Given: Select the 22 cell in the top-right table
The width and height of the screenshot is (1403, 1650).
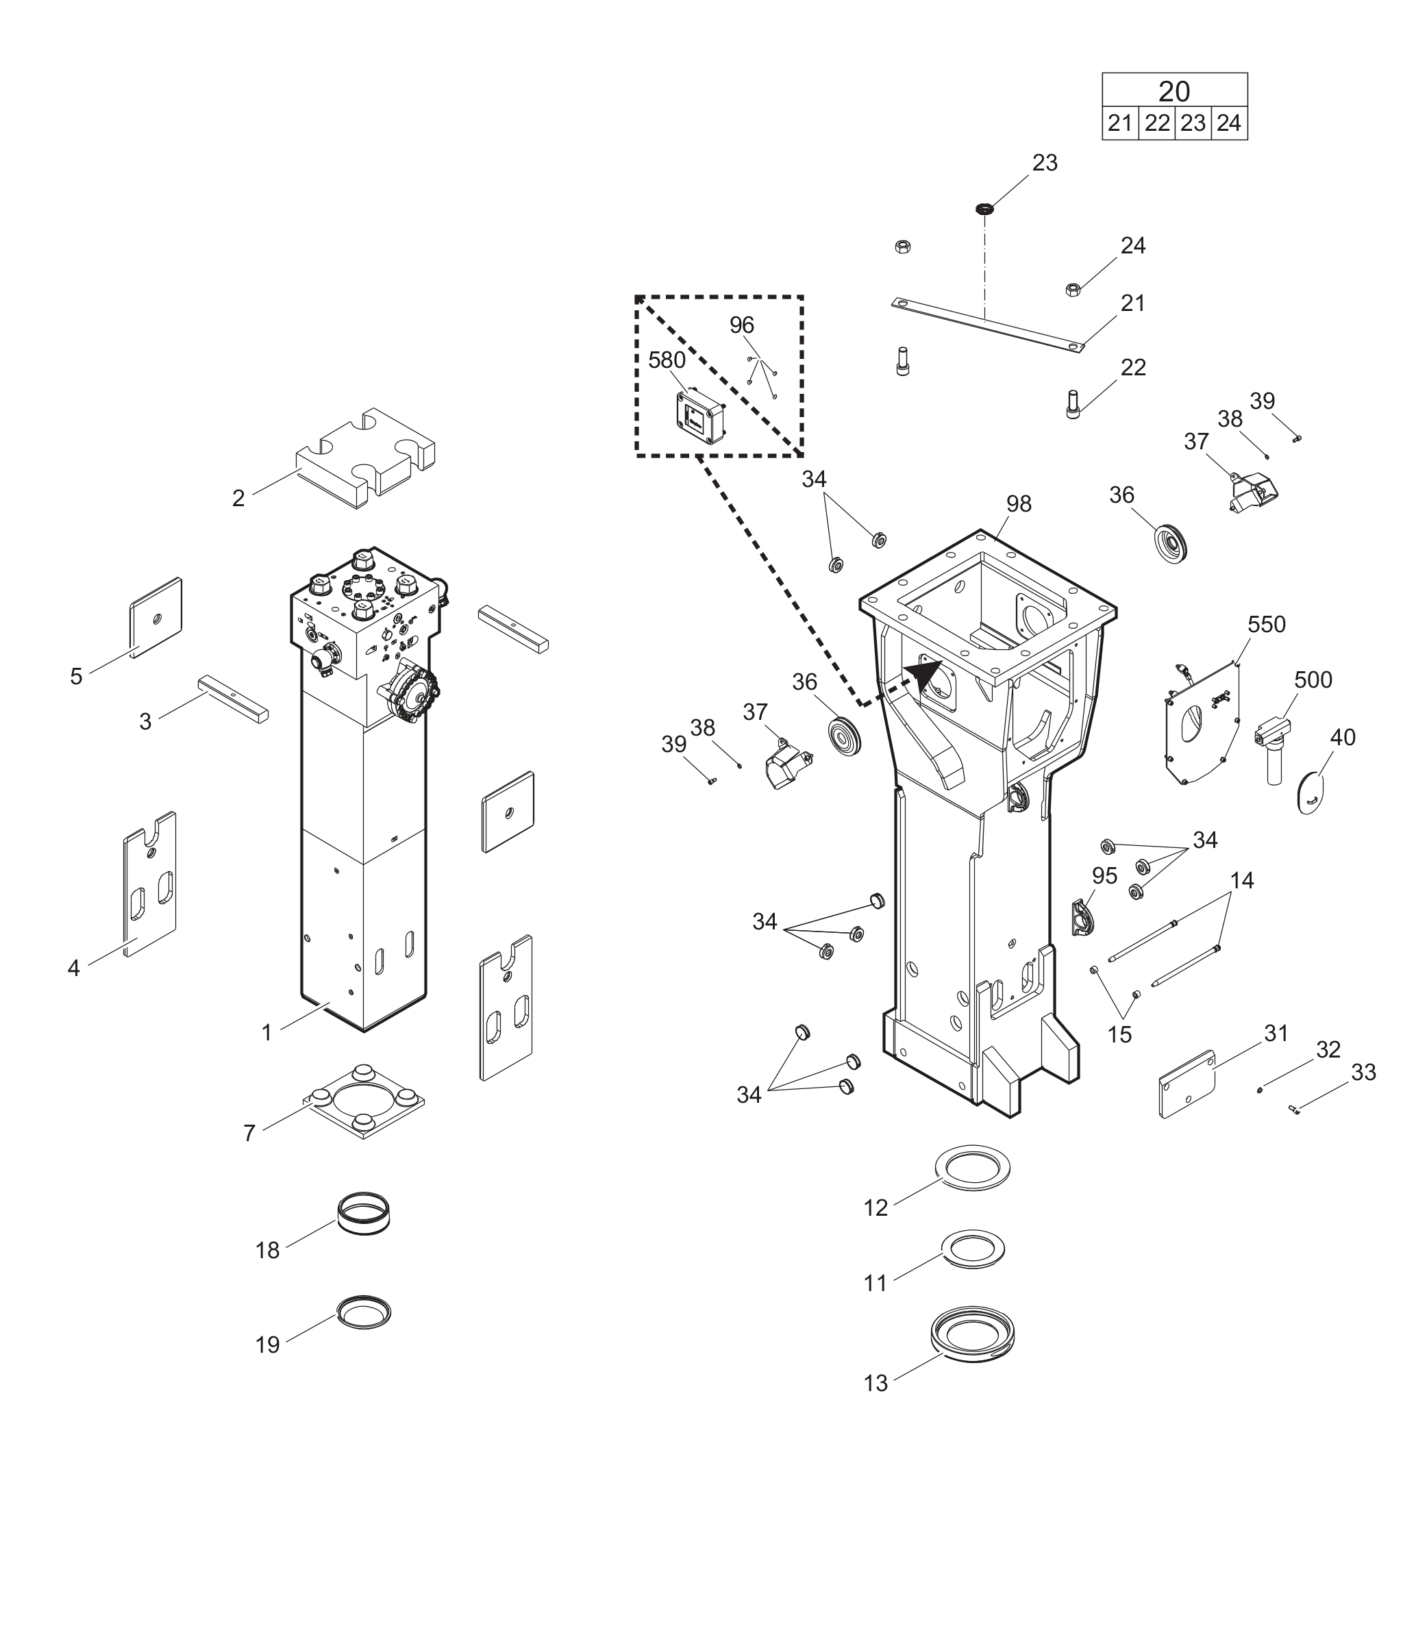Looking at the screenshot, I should coord(1156,123).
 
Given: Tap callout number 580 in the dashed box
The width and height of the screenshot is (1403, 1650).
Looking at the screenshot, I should coord(667,360).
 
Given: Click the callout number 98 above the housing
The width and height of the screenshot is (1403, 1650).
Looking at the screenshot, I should coord(1018,503).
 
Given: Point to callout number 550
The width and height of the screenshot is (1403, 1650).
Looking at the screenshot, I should coord(1266,624).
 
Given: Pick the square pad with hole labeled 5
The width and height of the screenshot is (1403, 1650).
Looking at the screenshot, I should coord(156,617).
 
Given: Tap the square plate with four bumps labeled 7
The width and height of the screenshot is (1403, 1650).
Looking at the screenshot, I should coord(364,1101).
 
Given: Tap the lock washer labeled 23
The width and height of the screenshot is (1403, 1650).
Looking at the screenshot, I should coord(984,209).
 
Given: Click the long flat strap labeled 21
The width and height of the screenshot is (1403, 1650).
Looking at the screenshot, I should coord(986,325).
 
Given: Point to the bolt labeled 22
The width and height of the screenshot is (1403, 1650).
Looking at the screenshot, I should coord(1073,404).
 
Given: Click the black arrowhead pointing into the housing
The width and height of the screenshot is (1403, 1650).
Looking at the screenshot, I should coord(925,677).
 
